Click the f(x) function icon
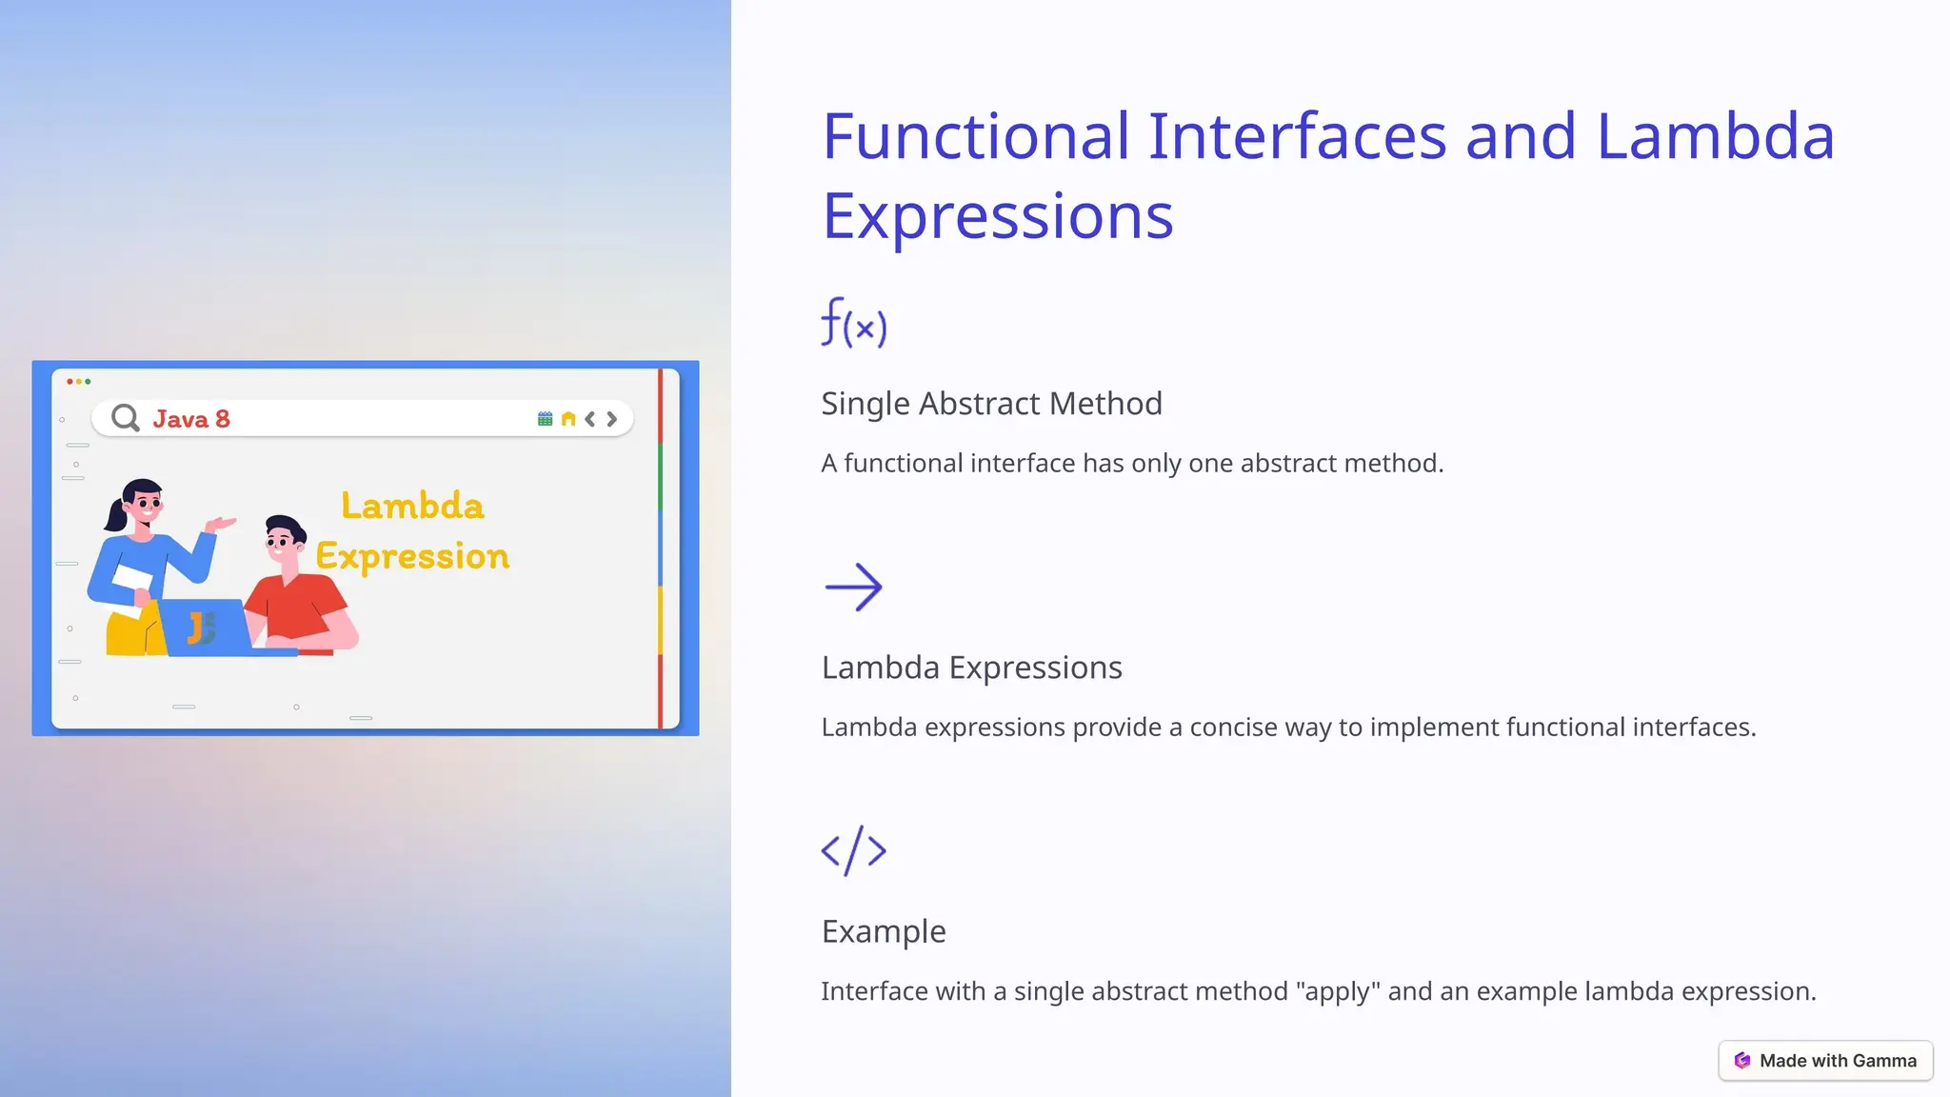tap(854, 323)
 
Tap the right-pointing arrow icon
tap(854, 587)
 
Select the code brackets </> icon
tap(854, 850)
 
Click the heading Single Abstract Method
tap(991, 404)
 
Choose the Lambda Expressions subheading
tap(971, 668)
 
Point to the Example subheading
tap(884, 931)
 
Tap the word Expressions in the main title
tap(997, 216)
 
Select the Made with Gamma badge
tap(1825, 1061)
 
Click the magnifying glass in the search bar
tap(125, 418)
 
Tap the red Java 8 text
tap(191, 419)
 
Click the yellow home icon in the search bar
tap(568, 419)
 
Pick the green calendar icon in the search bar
tap(545, 419)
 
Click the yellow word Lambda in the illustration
tap(412, 506)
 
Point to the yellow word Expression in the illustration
tap(412, 556)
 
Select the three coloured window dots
tap(78, 381)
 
